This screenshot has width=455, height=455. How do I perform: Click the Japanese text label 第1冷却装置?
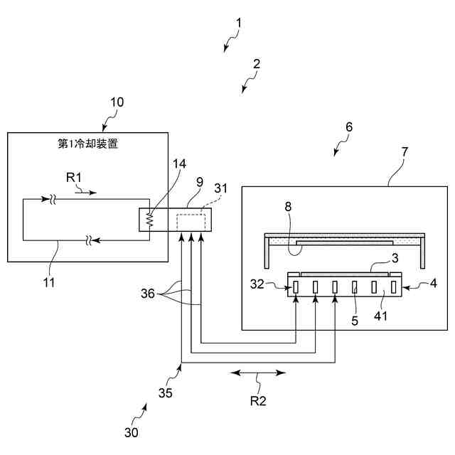(88, 144)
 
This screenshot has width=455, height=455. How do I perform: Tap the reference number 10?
(117, 102)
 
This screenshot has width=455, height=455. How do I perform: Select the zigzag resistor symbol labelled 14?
(149, 220)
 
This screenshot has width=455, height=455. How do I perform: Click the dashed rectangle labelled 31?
(191, 221)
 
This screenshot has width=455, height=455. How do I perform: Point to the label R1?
(74, 177)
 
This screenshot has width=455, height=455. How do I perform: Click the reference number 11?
(49, 282)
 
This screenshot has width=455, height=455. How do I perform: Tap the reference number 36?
(148, 294)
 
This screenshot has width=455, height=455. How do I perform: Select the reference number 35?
(166, 393)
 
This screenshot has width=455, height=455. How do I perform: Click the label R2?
(258, 401)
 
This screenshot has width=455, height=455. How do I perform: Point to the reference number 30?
(131, 433)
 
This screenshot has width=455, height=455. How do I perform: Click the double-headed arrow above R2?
(258, 373)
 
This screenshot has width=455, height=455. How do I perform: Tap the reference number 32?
(257, 284)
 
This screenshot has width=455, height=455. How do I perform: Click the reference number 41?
(381, 316)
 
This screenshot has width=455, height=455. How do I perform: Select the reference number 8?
(288, 207)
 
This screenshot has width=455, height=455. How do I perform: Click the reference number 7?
(405, 151)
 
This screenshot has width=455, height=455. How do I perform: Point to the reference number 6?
(349, 127)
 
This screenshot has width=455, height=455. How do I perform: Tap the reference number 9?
(200, 182)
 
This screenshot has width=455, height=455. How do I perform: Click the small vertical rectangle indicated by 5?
(355, 287)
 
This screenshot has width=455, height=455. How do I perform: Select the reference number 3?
(395, 258)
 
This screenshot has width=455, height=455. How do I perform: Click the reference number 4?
(433, 283)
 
